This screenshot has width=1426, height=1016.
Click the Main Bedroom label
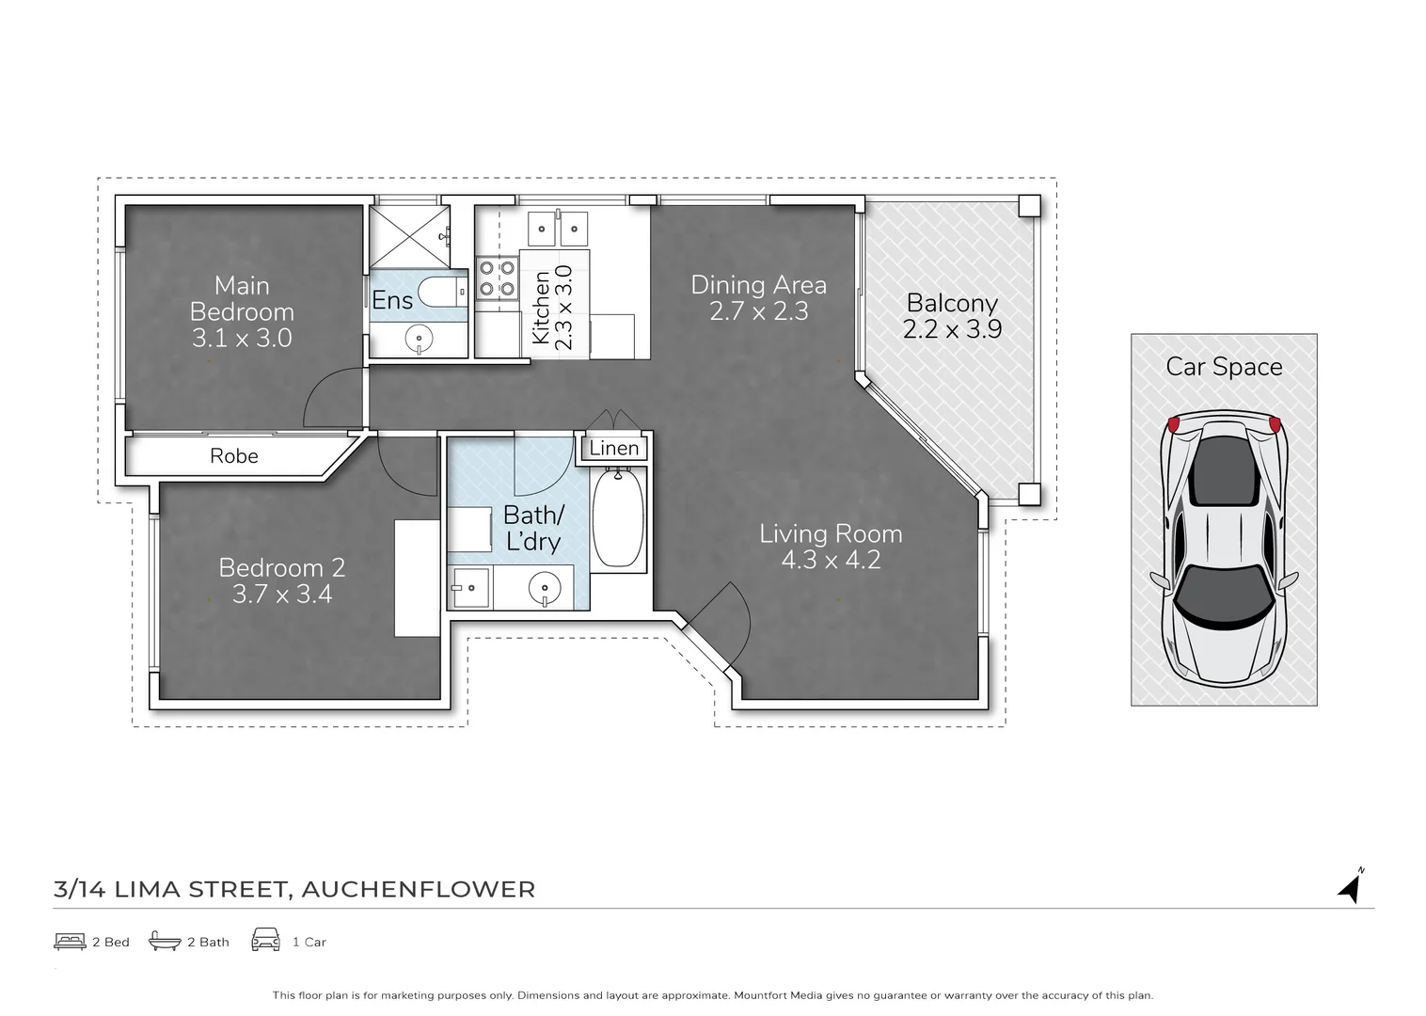point(242,298)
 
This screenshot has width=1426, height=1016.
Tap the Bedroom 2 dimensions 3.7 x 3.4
point(281,595)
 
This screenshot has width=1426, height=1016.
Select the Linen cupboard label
point(614,449)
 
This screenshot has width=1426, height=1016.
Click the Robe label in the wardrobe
point(234,456)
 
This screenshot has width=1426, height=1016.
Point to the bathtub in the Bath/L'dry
point(618,519)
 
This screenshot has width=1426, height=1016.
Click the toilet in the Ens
point(442,292)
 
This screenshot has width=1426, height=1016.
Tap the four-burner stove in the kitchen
point(497,278)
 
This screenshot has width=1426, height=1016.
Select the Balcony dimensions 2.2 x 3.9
point(952,329)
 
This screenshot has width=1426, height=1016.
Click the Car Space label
point(1224,367)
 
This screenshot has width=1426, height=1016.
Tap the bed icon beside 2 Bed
point(70,941)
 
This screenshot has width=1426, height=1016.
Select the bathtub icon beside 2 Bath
point(165,941)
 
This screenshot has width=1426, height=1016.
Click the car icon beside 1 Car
point(266,940)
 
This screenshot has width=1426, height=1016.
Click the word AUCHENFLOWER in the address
point(418,889)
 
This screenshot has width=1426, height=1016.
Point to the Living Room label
point(831,534)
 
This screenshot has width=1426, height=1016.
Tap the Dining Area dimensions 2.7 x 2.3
point(758,311)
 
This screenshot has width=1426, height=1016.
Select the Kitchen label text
point(541,308)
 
